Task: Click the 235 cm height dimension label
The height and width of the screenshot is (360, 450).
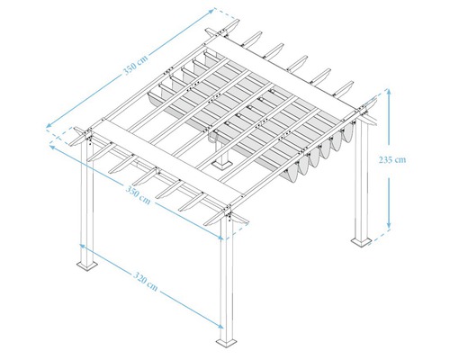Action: coord(393,160)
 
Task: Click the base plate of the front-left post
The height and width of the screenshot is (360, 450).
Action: coord(88,264)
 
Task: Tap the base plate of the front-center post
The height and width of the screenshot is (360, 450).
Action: coord(227,341)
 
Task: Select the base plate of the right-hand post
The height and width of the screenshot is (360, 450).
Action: coord(360,241)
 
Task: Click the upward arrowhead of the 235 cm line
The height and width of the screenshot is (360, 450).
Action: coord(389,92)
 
